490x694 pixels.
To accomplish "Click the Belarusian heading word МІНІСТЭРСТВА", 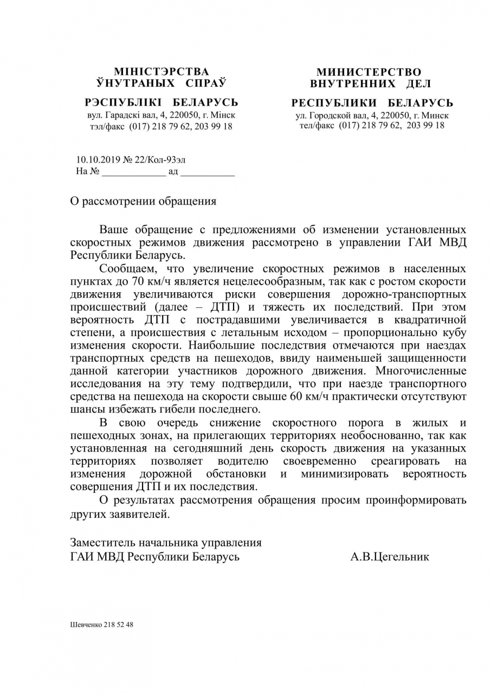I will tap(161, 72).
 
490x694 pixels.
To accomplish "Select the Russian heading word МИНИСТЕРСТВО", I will tap(369, 72).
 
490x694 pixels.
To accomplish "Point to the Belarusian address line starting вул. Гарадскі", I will tap(161, 115).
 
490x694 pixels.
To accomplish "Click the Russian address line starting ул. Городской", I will tap(372, 115).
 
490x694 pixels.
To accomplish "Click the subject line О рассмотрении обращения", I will tap(143, 201).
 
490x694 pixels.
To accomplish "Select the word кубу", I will tap(454, 332).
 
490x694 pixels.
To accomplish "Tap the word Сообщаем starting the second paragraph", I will tap(128, 268).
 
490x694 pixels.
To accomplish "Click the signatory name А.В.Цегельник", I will tap(389, 556).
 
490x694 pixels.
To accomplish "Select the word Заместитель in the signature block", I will tap(102, 543).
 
